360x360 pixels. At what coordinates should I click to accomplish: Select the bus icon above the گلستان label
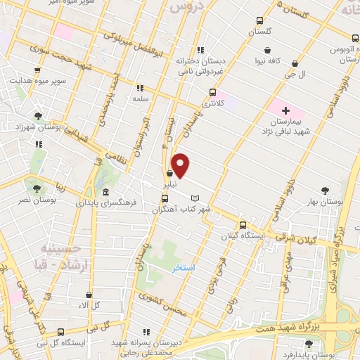tap(260, 20)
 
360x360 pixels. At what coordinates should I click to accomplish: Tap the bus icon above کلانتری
tap(212, 92)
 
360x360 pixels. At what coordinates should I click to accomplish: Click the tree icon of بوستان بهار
tap(325, 190)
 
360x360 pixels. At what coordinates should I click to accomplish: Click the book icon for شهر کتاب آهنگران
tap(196, 198)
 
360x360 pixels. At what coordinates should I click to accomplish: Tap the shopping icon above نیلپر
tap(169, 174)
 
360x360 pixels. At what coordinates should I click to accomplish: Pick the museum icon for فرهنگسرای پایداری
tap(105, 193)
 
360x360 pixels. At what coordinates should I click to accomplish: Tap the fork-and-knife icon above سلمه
tap(139, 88)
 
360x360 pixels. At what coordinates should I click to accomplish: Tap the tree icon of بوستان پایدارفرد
tap(308, 343)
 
